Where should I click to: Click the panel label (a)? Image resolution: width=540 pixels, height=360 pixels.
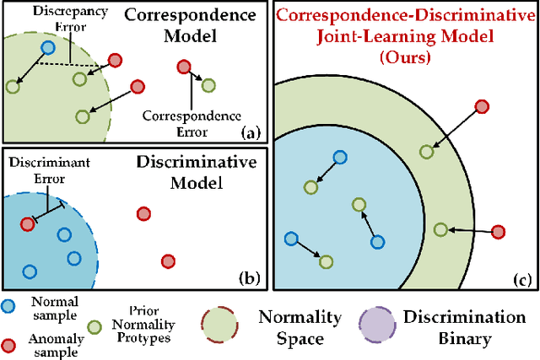tap(249, 132)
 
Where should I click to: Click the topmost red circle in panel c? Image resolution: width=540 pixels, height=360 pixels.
tap(481, 106)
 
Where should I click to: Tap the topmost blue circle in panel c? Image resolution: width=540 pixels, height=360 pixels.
tap(339, 157)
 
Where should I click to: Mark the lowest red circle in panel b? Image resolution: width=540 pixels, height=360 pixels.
tap(167, 261)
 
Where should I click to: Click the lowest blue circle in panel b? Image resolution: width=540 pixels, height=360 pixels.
tap(30, 271)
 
